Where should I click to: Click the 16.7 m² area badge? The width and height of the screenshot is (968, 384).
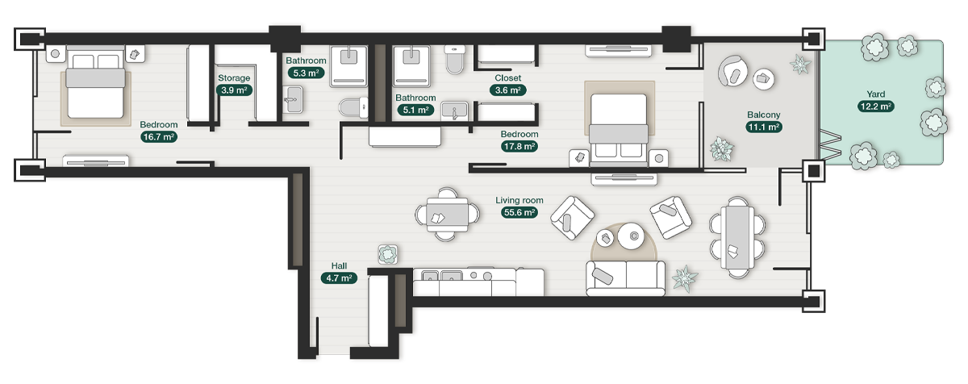tap(159, 137)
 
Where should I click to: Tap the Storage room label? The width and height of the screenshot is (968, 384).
tap(234, 77)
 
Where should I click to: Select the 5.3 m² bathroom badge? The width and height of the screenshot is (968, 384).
tap(306, 73)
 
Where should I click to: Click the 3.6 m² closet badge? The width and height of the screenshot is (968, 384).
tap(507, 90)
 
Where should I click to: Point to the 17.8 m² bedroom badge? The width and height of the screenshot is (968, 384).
tap(519, 147)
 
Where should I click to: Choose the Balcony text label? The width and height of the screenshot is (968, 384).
tap(764, 115)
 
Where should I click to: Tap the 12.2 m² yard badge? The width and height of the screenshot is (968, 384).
tap(876, 106)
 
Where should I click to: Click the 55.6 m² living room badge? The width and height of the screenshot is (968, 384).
tap(519, 212)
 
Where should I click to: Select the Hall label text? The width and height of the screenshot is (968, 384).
tap(340, 265)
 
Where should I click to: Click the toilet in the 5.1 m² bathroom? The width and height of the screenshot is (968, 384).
tap(455, 59)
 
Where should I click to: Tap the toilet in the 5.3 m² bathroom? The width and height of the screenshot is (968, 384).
tap(353, 107)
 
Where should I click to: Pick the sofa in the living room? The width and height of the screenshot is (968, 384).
tap(625, 278)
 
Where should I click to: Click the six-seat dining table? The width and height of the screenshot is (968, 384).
tap(737, 237)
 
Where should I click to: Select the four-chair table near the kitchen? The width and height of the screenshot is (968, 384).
tap(447, 214)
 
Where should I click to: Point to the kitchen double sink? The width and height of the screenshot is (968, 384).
tap(442, 275)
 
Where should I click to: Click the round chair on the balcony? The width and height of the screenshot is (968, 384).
tap(732, 71)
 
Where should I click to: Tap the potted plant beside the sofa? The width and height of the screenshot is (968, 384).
tap(685, 278)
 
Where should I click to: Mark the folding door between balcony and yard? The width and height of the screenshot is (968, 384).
tap(830, 144)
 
